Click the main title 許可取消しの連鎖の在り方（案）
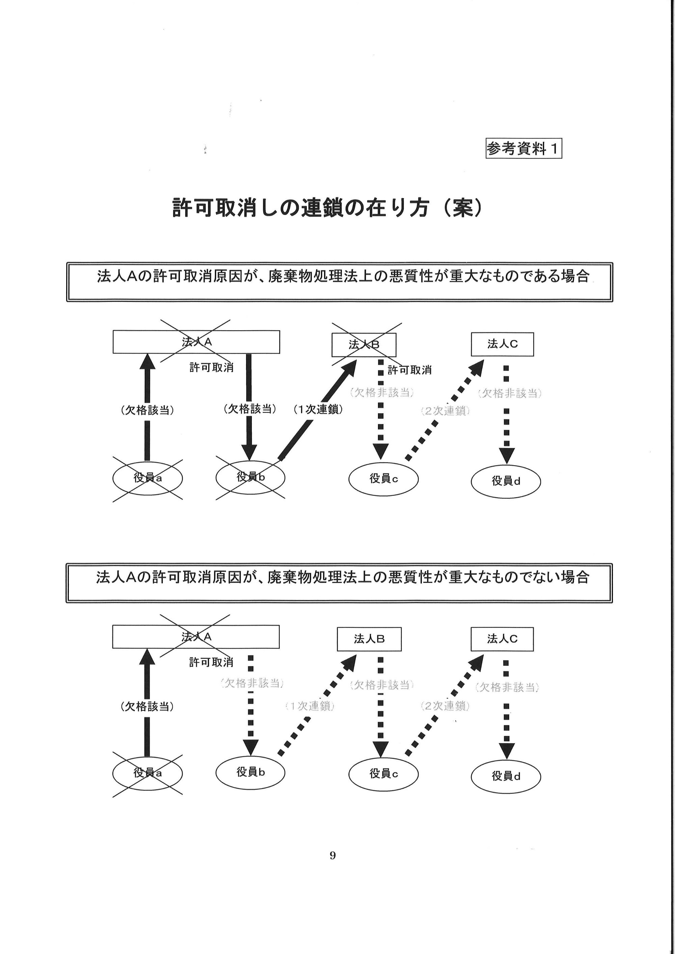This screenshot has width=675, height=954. tap(327, 207)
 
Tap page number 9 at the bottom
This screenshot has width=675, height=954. tap(332, 855)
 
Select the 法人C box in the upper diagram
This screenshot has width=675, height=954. tap(502, 344)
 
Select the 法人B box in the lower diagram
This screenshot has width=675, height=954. tap(369, 639)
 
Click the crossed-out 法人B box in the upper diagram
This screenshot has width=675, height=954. tap(364, 344)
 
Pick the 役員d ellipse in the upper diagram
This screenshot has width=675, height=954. tap(506, 481)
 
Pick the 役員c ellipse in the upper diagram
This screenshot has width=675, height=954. tap(383, 479)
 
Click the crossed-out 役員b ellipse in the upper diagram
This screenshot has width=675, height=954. tap(250, 477)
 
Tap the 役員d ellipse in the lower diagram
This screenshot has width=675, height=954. tap(506, 776)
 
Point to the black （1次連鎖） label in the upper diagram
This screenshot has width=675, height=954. tap(318, 409)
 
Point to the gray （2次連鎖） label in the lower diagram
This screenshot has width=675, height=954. tap(445, 705)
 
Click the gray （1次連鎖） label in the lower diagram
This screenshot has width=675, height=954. tap(310, 705)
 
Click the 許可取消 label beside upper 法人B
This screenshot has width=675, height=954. tap(409, 370)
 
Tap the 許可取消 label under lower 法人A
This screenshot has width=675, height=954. tap(211, 662)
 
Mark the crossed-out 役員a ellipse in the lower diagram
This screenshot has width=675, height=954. tap(147, 773)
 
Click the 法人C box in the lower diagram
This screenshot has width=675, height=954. tap(502, 639)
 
